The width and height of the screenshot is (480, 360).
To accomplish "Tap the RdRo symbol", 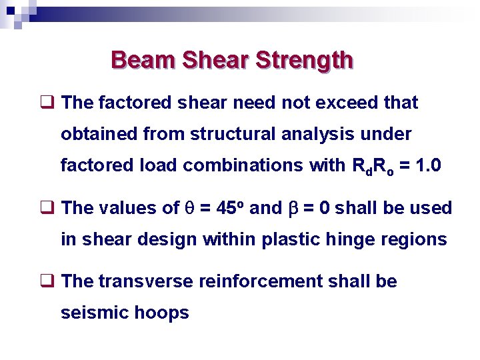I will (x=365, y=166).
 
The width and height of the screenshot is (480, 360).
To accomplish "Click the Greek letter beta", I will (x=293, y=209).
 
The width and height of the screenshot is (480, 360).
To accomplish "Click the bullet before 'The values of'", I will (x=47, y=208).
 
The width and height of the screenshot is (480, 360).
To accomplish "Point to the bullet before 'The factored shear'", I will (x=47, y=103).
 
